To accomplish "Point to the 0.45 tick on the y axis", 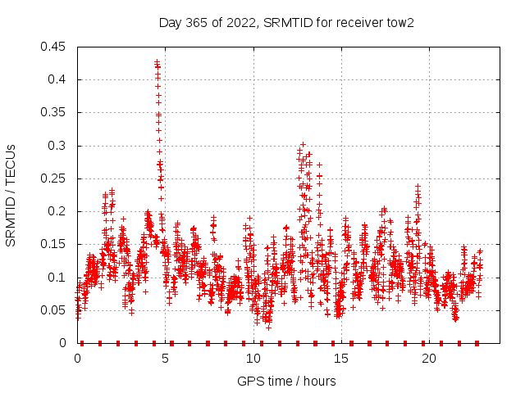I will pos(54,47).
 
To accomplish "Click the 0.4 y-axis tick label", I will pos(57,79).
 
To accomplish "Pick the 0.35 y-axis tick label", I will pos(54,113).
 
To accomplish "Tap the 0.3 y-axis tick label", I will pos(57,146).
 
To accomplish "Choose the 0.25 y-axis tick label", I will pos(54,178).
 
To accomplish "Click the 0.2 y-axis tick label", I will pos(57,211).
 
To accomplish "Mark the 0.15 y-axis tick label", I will pos(54,245).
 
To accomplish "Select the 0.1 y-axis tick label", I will pos(57,278).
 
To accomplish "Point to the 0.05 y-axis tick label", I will pos(54,310).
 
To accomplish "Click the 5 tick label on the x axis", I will pos(166,359).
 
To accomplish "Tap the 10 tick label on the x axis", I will pos(253,359).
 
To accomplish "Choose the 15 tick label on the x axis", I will pos(341,359).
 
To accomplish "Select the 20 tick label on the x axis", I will pos(429,359).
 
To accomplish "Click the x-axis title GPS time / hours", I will pos(286,381).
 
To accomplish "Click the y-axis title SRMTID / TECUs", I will pos(11,195).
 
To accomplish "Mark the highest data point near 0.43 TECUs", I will pos(157,61).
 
